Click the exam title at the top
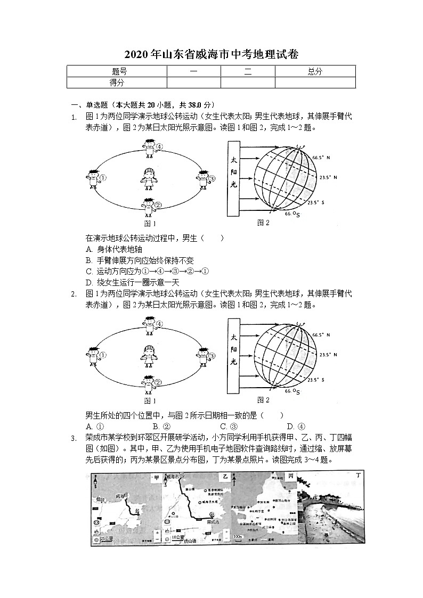(x=211, y=54)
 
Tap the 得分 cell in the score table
(x=117, y=83)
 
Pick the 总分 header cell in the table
(x=314, y=72)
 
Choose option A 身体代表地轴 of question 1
(x=113, y=249)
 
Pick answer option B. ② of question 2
(x=161, y=426)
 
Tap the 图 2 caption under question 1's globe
(x=263, y=223)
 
